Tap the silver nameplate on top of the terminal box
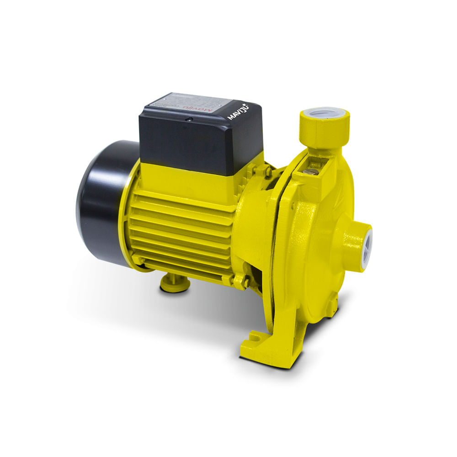pos(192,101)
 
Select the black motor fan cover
pos(103,201)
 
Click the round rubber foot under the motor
pos(175,284)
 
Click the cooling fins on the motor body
pos(183,228)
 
